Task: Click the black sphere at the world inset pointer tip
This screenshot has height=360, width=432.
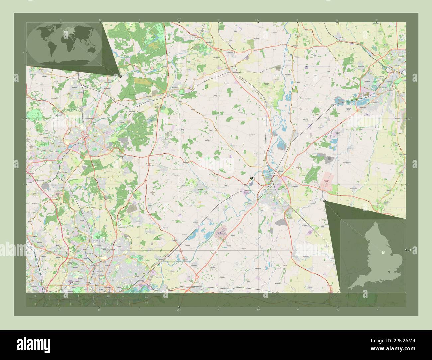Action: pyautogui.click(x=120, y=76)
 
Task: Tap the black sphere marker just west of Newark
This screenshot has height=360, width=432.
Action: pyautogui.click(x=252, y=179)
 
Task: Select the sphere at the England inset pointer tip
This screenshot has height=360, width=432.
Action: pyautogui.click(x=324, y=201)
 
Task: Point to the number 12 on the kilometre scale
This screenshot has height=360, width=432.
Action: pyautogui.click(x=123, y=296)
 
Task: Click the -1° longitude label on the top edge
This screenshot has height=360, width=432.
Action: pyautogui.click(x=179, y=19)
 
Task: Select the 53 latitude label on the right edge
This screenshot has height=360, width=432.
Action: pyautogui.click(x=409, y=250)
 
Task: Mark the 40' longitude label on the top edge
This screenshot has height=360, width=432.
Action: pyautogui.click(x=337, y=20)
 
